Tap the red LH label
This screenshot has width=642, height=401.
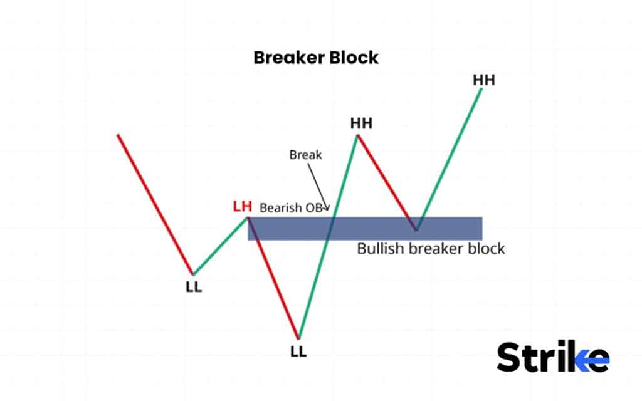coord(243,206)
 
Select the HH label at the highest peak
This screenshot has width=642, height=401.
coord(483,80)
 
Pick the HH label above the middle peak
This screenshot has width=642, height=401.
coord(361,123)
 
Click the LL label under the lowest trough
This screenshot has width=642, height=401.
coord(299,352)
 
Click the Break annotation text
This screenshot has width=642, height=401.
coord(305,154)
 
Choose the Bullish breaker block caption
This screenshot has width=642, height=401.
coord(431,249)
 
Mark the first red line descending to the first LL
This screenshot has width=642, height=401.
coord(155,204)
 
